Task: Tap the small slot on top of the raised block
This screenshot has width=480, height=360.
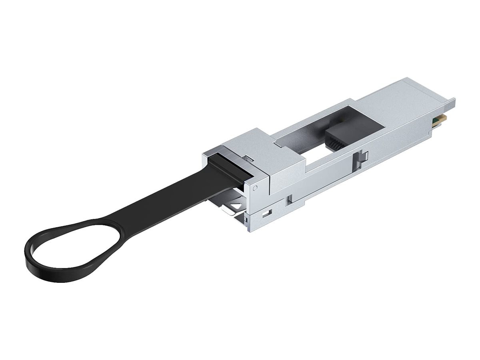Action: [248, 159]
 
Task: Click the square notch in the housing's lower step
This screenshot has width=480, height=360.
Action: [289, 198]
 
